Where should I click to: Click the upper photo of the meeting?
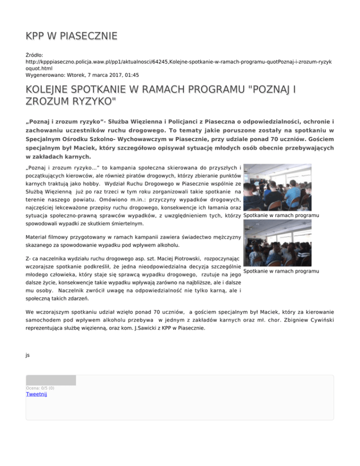[277, 187]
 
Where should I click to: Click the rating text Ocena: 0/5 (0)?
[40, 388]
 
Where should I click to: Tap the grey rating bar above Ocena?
[51, 380]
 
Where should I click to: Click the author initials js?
[28, 355]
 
